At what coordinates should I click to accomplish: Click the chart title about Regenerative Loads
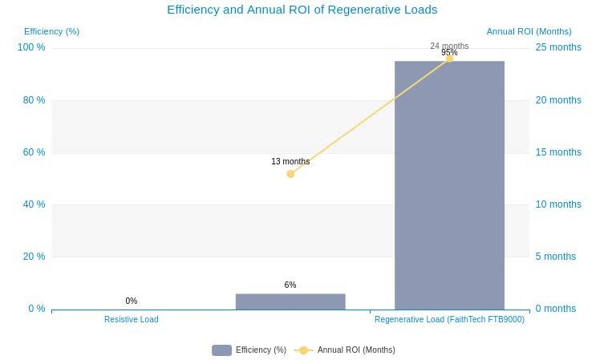[302, 10]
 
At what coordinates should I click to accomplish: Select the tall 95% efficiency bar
[449, 184]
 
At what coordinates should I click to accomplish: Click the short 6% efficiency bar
[290, 301]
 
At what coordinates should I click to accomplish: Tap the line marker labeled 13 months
[290, 174]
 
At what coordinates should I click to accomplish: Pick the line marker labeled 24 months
[449, 59]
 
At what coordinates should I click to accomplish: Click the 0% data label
[132, 301]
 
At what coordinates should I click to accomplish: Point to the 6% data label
[290, 285]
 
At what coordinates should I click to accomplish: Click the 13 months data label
[290, 162]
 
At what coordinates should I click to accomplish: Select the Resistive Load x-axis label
[132, 320]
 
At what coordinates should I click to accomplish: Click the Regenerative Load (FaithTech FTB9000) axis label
[449, 320]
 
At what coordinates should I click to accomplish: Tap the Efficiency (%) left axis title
[51, 32]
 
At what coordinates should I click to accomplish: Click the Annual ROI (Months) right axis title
[529, 32]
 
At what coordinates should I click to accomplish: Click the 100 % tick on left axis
[31, 48]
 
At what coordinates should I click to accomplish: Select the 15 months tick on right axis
[558, 152]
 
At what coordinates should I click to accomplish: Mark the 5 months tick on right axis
[556, 257]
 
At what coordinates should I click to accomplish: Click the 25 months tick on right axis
[558, 48]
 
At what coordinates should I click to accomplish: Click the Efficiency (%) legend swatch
[221, 350]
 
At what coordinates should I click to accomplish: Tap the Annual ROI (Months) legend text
[356, 350]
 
